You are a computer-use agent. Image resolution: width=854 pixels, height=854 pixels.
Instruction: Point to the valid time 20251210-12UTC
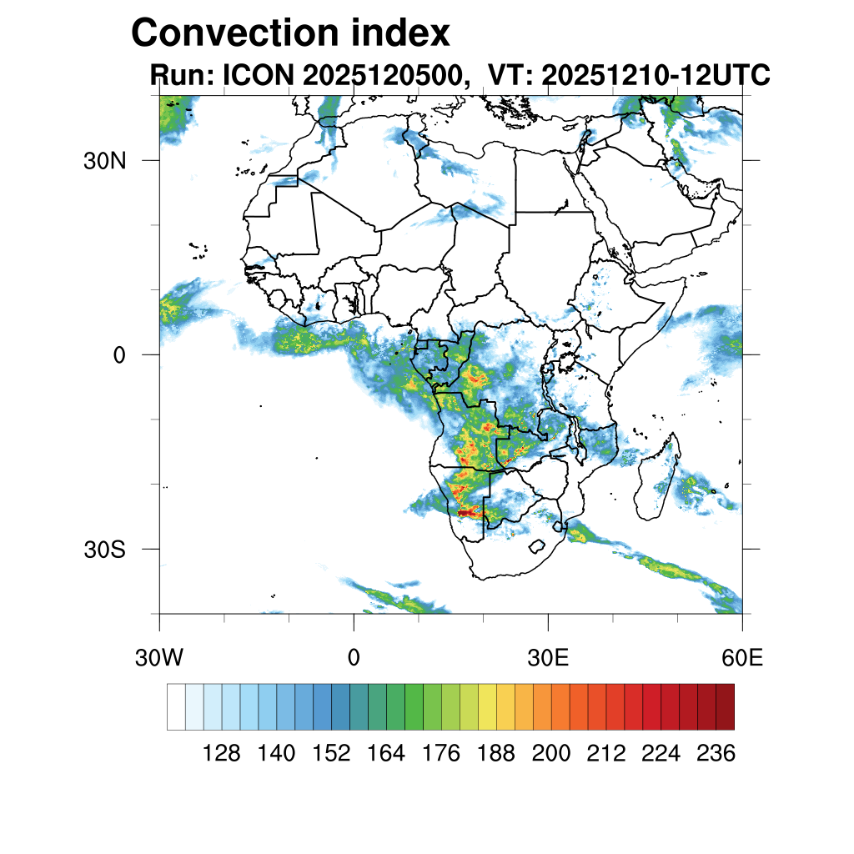(x=656, y=76)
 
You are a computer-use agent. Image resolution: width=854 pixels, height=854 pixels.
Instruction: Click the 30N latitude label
(x=104, y=161)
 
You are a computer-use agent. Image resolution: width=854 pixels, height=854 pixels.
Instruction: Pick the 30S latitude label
(x=104, y=550)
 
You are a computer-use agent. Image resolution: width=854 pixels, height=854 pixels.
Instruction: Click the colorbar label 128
(x=222, y=754)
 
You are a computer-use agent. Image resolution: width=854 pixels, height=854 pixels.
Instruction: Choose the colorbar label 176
(x=441, y=754)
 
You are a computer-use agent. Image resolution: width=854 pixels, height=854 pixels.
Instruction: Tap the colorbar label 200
(x=551, y=754)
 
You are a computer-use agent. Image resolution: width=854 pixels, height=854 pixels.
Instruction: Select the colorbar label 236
(x=716, y=754)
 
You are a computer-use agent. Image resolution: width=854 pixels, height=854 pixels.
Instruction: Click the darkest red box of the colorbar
(x=725, y=706)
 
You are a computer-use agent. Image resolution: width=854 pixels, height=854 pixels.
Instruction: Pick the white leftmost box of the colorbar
(x=176, y=706)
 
